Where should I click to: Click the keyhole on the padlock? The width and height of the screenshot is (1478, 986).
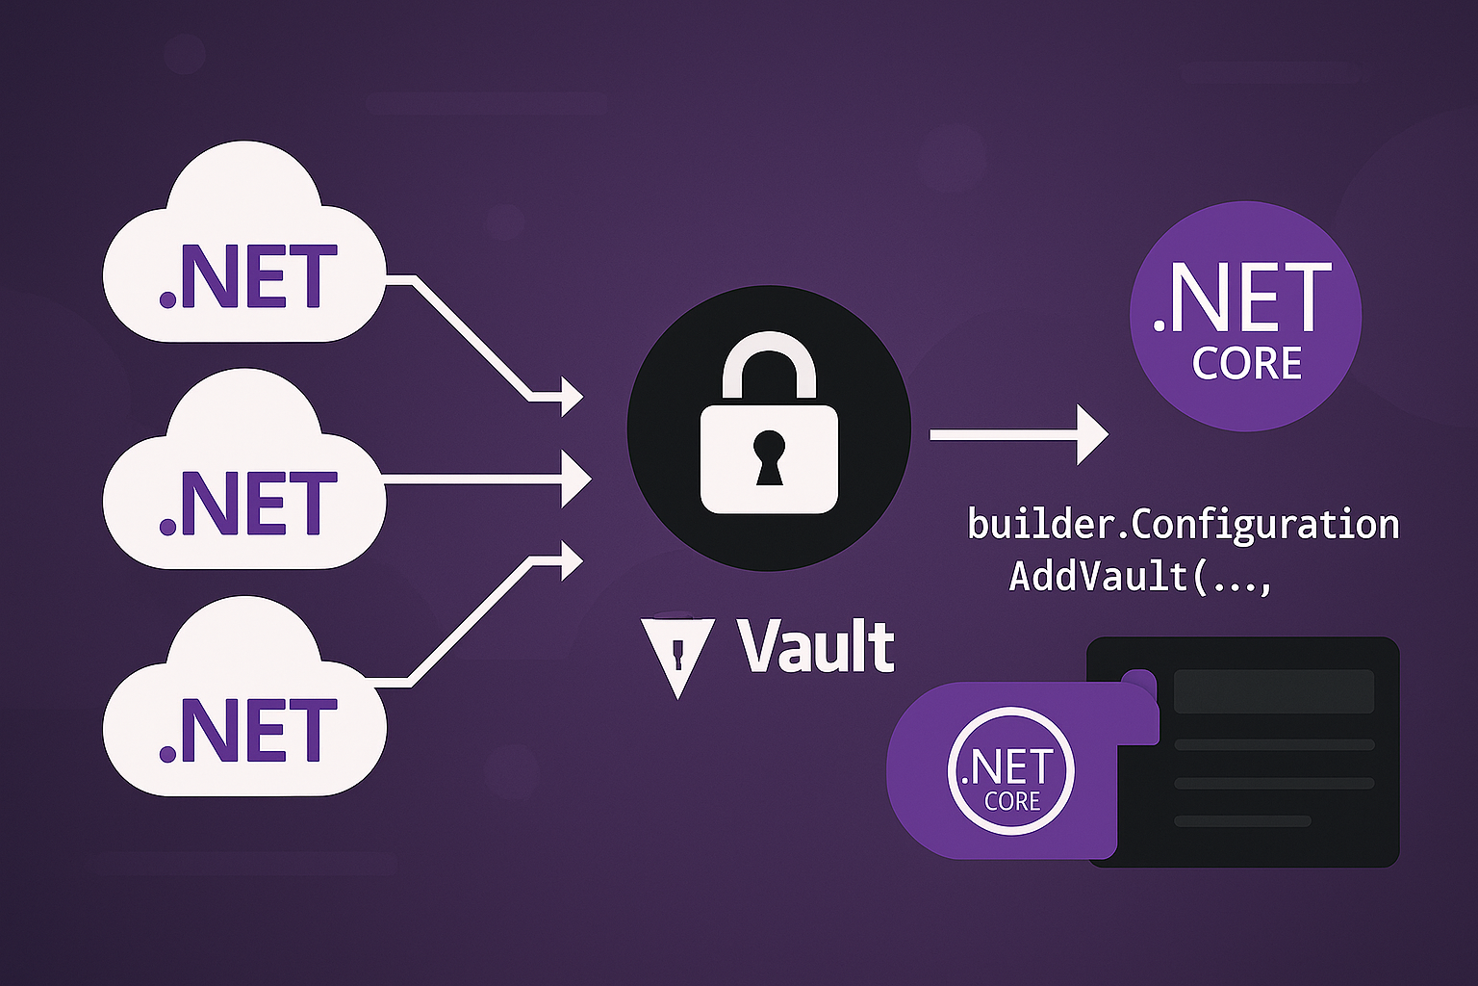[769, 454]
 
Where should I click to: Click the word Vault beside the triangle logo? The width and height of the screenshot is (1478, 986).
[816, 646]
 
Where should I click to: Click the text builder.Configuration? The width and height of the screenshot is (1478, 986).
[1183, 525]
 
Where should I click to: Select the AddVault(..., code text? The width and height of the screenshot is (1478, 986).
[1140, 576]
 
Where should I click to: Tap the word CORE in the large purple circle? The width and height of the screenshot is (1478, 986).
[1247, 364]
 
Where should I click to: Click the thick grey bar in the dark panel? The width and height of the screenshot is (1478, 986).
[1274, 691]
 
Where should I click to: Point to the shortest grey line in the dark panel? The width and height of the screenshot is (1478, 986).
[1242, 821]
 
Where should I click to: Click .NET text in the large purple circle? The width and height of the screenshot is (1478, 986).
[1242, 298]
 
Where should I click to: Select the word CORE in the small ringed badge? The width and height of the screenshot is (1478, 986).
[1012, 801]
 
